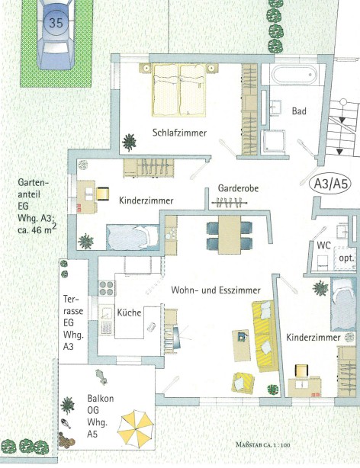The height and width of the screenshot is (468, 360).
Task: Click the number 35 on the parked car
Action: click(56, 23)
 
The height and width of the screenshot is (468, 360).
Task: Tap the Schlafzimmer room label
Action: click(179, 133)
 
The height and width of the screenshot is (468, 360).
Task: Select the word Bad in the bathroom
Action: click(299, 111)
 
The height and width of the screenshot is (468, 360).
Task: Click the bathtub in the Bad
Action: click(294, 75)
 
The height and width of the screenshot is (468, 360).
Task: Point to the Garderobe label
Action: click(238, 188)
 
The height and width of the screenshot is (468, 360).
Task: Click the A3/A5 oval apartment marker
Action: click(331, 184)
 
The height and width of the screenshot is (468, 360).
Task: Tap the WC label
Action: click(324, 245)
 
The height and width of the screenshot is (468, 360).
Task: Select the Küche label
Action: click(129, 313)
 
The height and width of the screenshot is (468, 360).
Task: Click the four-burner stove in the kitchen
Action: click(107, 288)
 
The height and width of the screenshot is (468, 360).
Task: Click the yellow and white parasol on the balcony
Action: click(135, 429)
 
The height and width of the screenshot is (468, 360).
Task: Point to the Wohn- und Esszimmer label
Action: click(216, 290)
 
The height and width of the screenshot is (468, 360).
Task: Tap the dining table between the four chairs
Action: click(230, 235)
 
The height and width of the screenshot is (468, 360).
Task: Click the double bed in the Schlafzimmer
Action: click(179, 89)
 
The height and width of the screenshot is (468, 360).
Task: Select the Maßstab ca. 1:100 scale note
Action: click(263, 444)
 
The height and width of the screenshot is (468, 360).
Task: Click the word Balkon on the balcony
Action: click(101, 398)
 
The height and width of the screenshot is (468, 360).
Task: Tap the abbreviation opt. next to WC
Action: click(346, 258)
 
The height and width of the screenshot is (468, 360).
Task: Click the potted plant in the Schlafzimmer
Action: click(130, 142)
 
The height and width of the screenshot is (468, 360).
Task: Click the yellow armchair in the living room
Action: click(243, 383)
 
